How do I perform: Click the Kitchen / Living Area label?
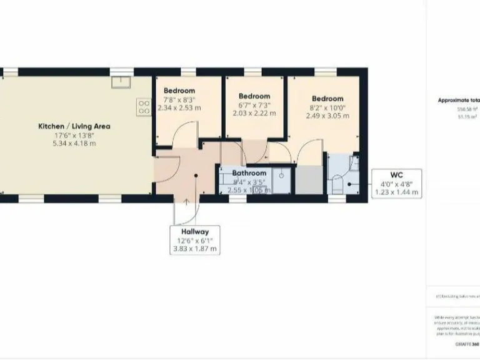point(74,126)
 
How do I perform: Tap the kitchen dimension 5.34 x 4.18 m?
point(74,144)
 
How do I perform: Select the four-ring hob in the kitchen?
point(143,107)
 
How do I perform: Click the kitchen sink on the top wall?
point(119,80)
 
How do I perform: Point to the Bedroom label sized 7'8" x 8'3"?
point(179,91)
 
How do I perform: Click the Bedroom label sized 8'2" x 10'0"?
point(327,99)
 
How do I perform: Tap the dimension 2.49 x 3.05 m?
point(327,116)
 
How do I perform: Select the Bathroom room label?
point(249,173)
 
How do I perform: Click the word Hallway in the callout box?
point(195,231)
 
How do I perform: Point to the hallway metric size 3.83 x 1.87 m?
point(195,248)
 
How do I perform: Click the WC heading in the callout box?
point(396,174)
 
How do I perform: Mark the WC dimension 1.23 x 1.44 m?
point(396,192)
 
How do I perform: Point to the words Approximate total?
point(459,100)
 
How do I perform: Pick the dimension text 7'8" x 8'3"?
point(179,99)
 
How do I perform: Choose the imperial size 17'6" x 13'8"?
point(74,135)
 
